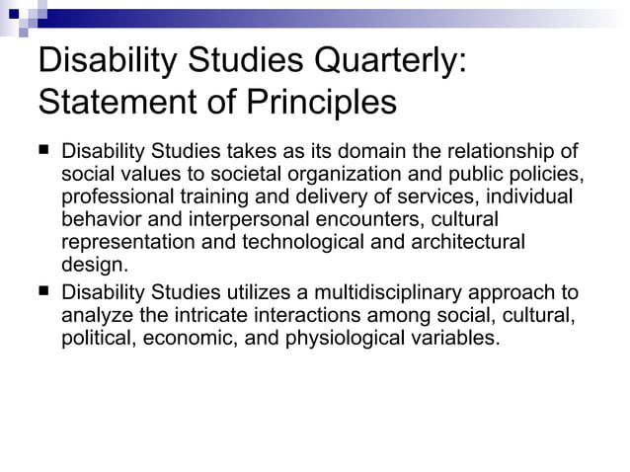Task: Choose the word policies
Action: [x=544, y=175]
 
